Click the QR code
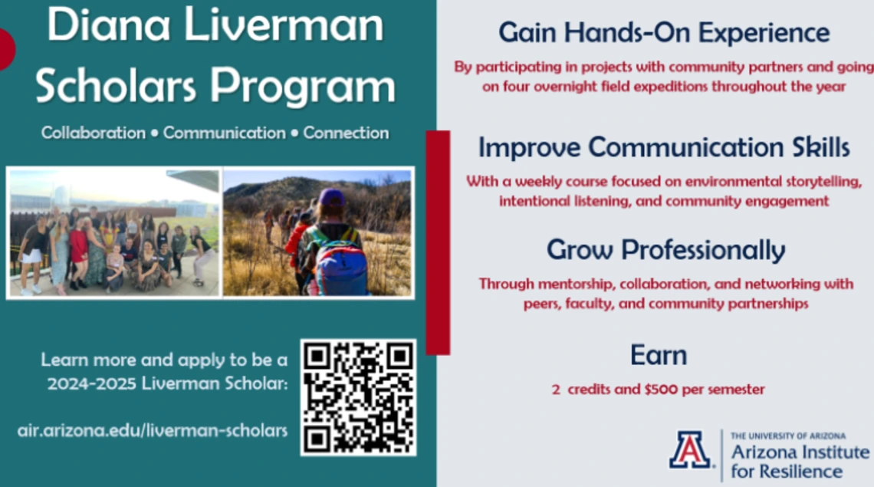tap(358, 397)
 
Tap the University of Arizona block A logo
tap(690, 449)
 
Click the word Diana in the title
tap(109, 25)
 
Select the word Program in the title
tap(303, 87)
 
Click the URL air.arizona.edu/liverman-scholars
tap(152, 431)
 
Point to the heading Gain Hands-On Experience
tap(664, 32)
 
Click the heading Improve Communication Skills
tap(664, 147)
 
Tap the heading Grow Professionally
tap(665, 250)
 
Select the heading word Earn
tap(659, 355)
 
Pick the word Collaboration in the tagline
tap(93, 133)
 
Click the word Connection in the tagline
tap(346, 133)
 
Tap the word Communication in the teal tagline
tap(224, 133)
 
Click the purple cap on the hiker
tap(332, 197)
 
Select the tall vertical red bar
tap(438, 242)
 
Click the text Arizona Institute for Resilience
tap(800, 462)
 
